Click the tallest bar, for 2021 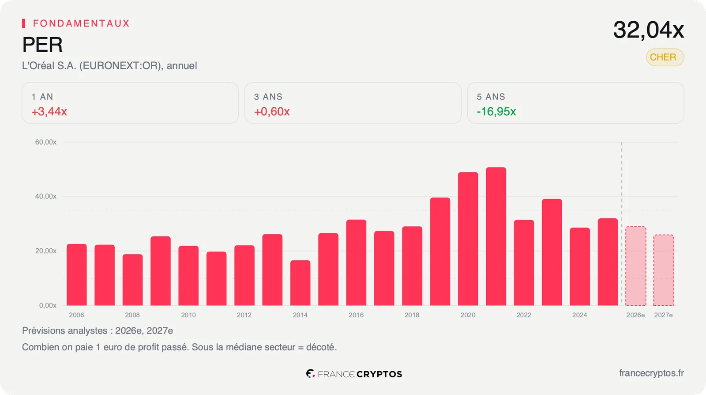pos(496,236)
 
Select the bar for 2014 pos(300,283)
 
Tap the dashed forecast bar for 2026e pos(636,266)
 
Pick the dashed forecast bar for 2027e pos(664,270)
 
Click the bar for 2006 pos(77,274)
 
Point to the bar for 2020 pos(468,239)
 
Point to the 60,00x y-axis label pos(46,142)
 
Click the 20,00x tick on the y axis pos(46,251)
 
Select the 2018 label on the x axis pos(412,315)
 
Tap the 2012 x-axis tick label pos(244,315)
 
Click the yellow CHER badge pos(665,57)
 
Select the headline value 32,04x pos(648,30)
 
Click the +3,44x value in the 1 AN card pos(49,112)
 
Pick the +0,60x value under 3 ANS pos(272,112)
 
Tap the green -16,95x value pos(496,112)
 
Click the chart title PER pos(42,44)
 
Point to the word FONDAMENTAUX pos(81,23)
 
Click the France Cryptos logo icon pos(311,373)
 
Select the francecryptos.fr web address pos(651,373)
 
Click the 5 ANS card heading pos(491,97)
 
